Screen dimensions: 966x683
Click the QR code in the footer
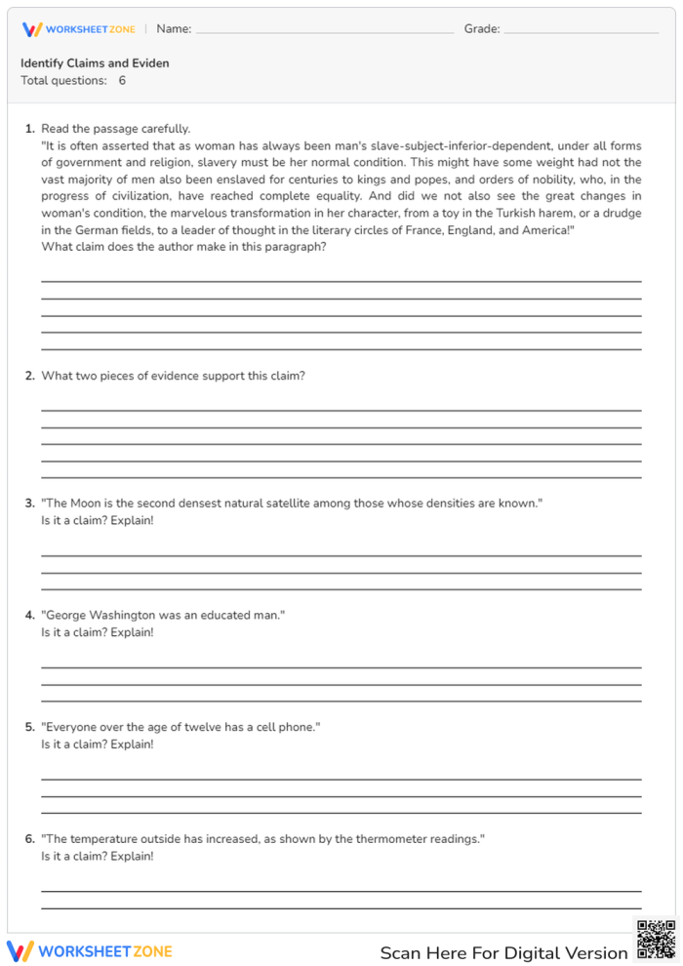[x=656, y=940]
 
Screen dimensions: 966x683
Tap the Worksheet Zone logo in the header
[x=79, y=29]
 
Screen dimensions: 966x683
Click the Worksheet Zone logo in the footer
[x=90, y=951]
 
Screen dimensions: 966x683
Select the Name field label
[x=174, y=29]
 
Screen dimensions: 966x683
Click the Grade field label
[x=482, y=29]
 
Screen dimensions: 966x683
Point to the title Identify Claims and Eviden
[x=95, y=63]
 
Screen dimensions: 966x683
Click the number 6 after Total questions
[x=122, y=81]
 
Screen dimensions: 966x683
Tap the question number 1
[x=30, y=129]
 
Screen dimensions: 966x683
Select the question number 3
[x=30, y=503]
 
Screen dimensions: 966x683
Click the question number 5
[x=30, y=728]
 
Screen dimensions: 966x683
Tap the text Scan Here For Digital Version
[x=503, y=953]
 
